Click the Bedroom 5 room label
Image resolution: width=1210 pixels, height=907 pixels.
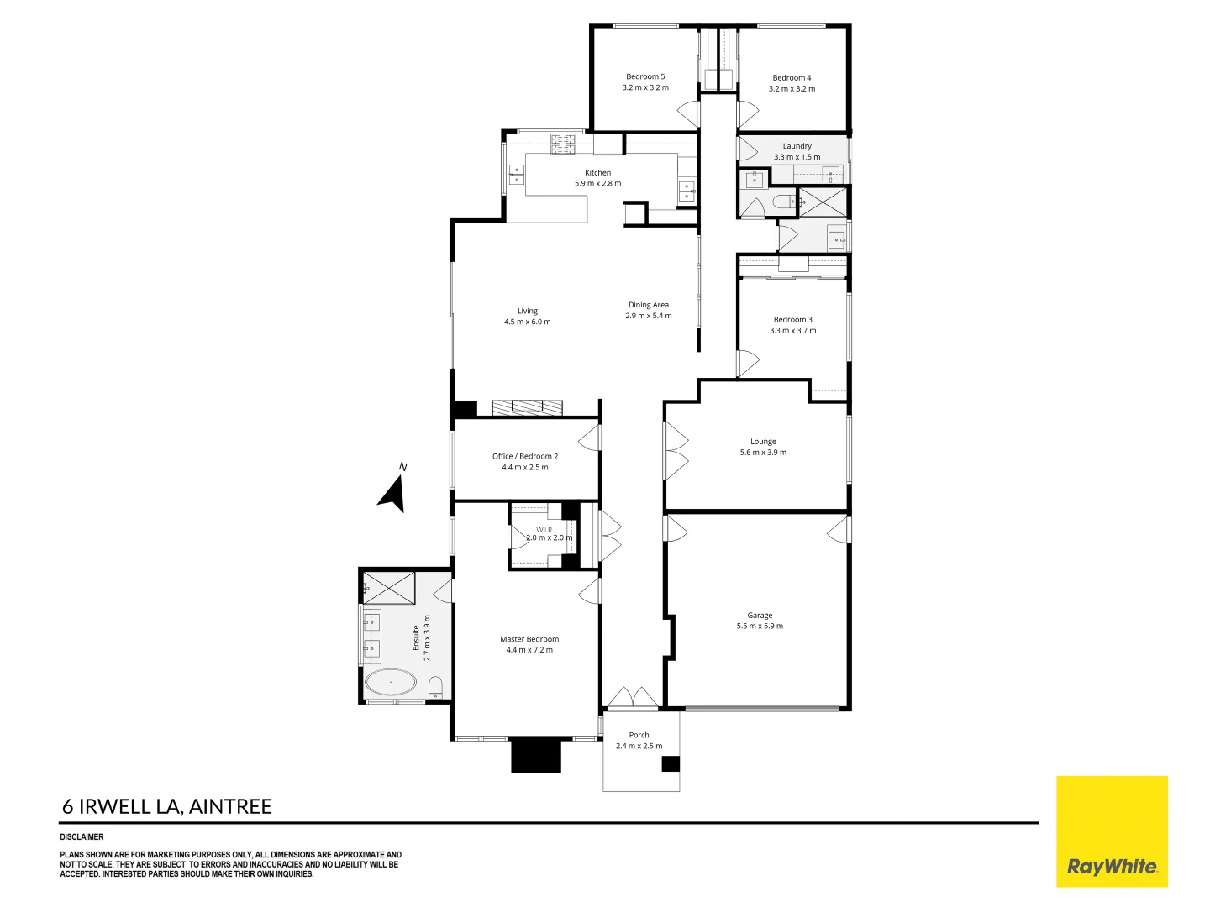(x=645, y=76)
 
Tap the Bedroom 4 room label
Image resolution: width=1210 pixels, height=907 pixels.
(x=792, y=77)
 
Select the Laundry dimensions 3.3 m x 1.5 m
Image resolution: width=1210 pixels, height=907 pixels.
(x=797, y=157)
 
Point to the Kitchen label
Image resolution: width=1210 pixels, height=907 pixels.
(x=597, y=172)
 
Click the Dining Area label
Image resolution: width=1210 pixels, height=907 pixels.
(x=648, y=305)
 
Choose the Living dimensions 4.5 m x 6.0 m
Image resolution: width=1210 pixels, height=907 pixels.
(x=527, y=322)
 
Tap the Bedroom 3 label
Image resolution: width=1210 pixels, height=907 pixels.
(x=792, y=319)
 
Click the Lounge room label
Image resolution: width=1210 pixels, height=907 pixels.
(x=763, y=441)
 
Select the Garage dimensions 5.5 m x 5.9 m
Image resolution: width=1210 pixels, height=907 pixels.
(x=760, y=626)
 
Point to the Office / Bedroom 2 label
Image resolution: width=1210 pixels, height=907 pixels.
(x=525, y=456)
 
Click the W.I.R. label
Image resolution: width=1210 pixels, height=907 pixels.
(x=544, y=530)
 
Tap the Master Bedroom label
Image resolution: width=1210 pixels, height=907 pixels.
(x=529, y=639)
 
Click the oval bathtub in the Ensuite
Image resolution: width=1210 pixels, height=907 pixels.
(x=390, y=682)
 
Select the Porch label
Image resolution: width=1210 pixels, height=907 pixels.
(x=639, y=735)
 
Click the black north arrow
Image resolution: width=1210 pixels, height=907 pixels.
(x=393, y=494)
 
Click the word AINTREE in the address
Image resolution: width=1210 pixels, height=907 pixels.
(x=230, y=806)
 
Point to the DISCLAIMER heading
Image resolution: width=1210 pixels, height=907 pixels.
(x=82, y=836)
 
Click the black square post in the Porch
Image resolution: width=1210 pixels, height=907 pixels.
(x=671, y=764)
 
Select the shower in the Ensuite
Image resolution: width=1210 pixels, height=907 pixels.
(x=389, y=588)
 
